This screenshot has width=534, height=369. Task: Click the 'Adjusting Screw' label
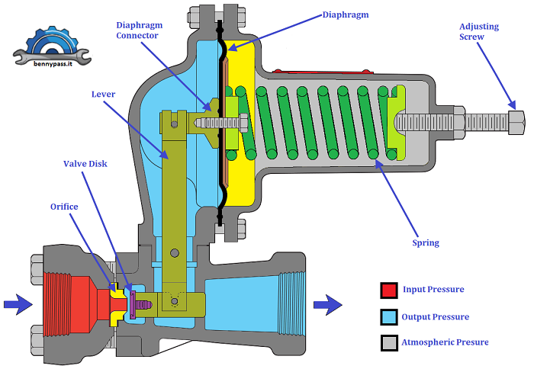pos(479,31)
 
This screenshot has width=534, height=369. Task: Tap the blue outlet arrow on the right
pos(329,305)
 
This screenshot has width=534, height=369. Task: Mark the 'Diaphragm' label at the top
pos(345,14)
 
